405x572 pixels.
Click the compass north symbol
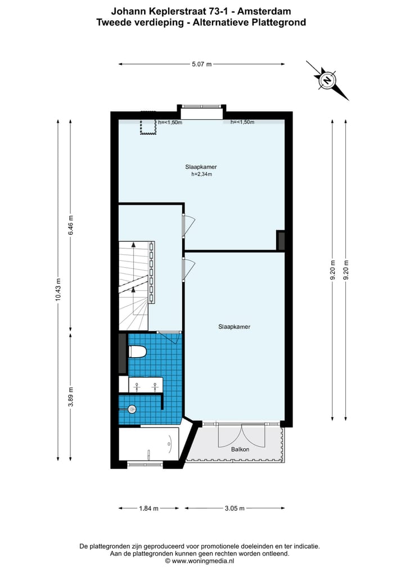click(327, 80)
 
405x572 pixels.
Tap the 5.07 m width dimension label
click(201, 64)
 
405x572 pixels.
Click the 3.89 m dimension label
click(70, 397)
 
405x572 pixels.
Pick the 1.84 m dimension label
click(148, 508)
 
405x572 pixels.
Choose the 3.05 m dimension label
click(234, 508)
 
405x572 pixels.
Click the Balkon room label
click(240, 449)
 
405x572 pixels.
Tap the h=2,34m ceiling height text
click(201, 174)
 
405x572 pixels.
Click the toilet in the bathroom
click(137, 352)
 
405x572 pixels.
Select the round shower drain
click(132, 409)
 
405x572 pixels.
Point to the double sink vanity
click(146, 385)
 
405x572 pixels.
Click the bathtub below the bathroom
click(148, 444)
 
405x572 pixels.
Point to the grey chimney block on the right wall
click(281, 240)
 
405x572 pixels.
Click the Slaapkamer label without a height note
click(234, 327)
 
